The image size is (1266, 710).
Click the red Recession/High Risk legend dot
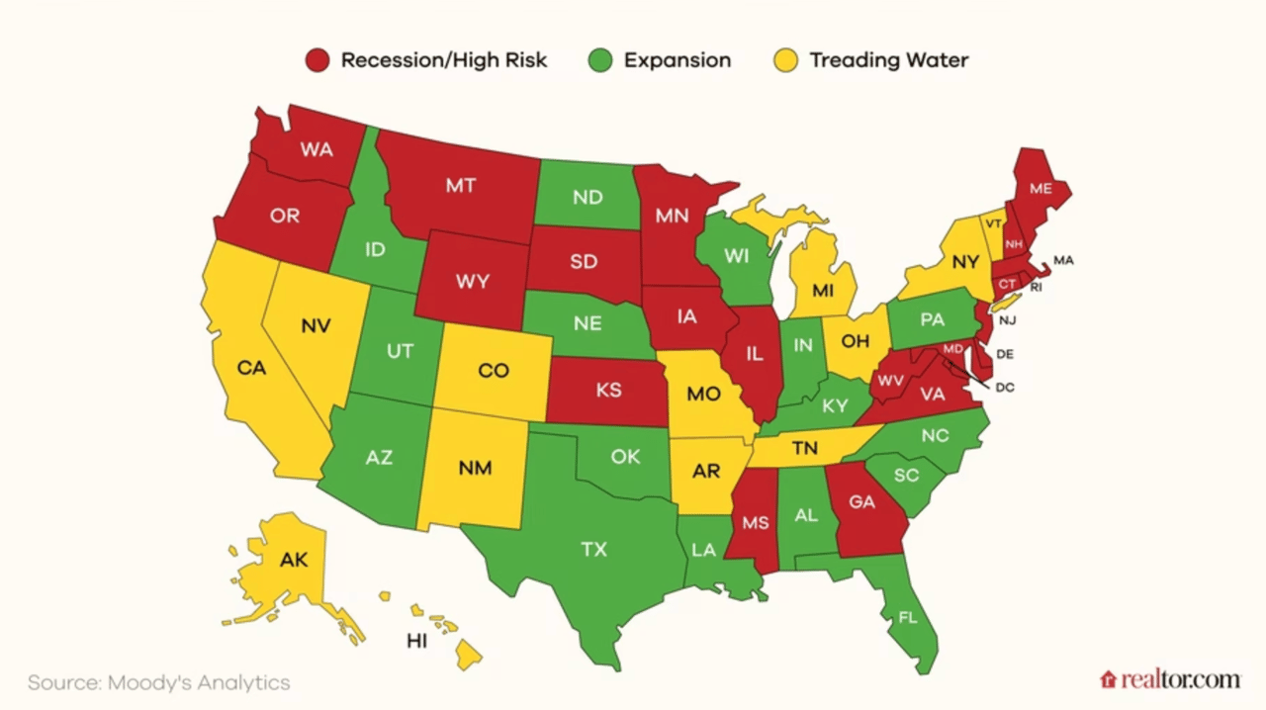(316, 60)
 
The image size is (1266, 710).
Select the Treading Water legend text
(888, 60)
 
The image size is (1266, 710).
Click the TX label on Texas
(593, 550)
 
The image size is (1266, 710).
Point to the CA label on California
(252, 368)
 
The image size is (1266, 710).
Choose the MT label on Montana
(461, 185)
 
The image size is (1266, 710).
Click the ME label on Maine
(1040, 188)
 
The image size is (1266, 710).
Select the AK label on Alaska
(294, 560)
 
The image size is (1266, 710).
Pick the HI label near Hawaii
(416, 641)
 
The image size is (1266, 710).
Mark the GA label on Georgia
(862, 502)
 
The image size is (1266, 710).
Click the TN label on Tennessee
(805, 448)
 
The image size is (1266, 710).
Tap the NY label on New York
(965, 262)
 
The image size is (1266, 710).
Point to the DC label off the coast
(1005, 388)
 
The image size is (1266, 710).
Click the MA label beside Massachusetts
(1063, 260)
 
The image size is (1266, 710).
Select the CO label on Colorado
(493, 371)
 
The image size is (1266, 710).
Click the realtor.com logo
(1169, 679)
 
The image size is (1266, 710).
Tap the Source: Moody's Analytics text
(158, 682)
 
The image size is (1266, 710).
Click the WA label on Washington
(316, 150)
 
